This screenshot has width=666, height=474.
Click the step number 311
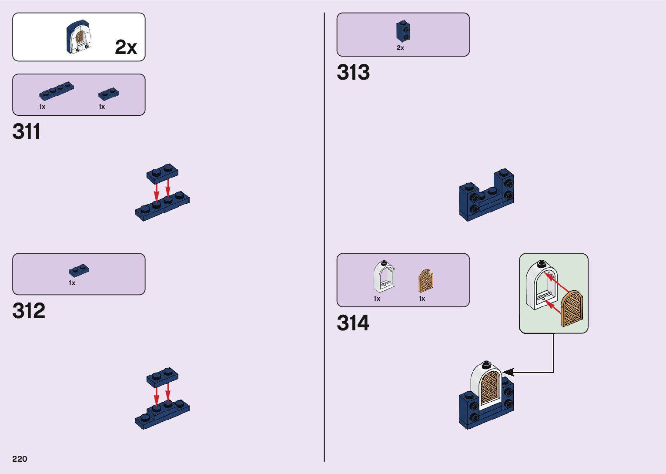pyautogui.click(x=27, y=131)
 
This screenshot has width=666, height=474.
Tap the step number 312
pyautogui.click(x=29, y=311)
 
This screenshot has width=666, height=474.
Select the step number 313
pyautogui.click(x=353, y=72)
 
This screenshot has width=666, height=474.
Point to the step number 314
pyautogui.click(x=353, y=323)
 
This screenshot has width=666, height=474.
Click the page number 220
pyautogui.click(x=20, y=459)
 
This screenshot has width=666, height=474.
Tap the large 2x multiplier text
pyautogui.click(x=126, y=47)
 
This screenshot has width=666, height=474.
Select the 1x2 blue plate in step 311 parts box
pyautogui.click(x=109, y=94)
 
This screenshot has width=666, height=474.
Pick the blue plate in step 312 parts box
pyautogui.click(x=79, y=271)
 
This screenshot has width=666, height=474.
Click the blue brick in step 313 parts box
pyautogui.click(x=403, y=31)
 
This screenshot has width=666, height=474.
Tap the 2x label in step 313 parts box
pyautogui.click(x=400, y=48)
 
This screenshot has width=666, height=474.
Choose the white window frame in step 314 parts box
pyautogui.click(x=384, y=277)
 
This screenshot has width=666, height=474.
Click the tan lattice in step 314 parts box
pyautogui.click(x=425, y=281)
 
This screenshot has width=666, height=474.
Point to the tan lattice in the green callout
pyautogui.click(x=572, y=309)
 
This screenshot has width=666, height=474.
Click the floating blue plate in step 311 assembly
pyautogui.click(x=162, y=172)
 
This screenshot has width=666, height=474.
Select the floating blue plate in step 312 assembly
pyautogui.click(x=162, y=377)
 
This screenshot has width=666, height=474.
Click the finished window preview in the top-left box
pyautogui.click(x=79, y=37)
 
